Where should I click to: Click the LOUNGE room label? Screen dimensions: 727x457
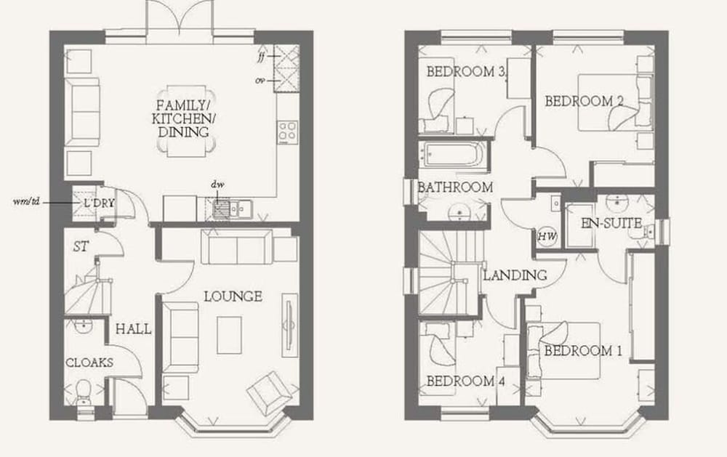click(x=233, y=296)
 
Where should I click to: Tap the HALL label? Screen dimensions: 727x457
click(x=134, y=329)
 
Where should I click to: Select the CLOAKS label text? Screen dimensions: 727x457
click(x=89, y=363)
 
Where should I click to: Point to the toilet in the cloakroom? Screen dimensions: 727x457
click(x=84, y=392)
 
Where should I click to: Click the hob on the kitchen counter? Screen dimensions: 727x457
click(x=287, y=132)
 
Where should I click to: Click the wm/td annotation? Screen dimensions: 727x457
click(x=27, y=202)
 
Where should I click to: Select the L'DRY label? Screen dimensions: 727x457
click(x=99, y=203)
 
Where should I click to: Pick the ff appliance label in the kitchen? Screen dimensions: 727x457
click(x=262, y=56)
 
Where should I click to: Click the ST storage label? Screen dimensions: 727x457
click(x=81, y=246)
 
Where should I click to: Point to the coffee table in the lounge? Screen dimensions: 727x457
click(x=230, y=335)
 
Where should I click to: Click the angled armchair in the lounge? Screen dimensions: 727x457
click(x=270, y=392)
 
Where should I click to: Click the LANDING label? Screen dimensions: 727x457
click(x=515, y=275)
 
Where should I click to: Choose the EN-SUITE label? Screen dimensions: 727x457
click(x=611, y=223)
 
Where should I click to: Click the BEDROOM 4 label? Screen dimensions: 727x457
click(x=465, y=381)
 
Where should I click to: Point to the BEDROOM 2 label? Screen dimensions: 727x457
click(x=585, y=101)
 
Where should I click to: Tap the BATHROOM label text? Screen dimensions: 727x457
click(x=455, y=187)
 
